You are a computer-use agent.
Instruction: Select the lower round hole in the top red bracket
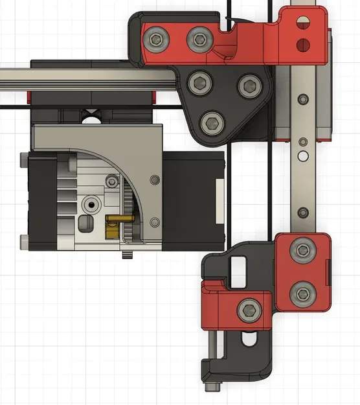coord(301,45)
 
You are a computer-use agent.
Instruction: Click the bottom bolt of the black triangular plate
coord(212,122)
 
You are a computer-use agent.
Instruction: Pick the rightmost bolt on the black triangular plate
coord(249,85)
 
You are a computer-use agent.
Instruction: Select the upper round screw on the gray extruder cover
coord(153,180)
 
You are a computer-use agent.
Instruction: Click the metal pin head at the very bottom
coord(214,388)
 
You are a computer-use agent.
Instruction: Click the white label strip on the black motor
coord(220,202)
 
